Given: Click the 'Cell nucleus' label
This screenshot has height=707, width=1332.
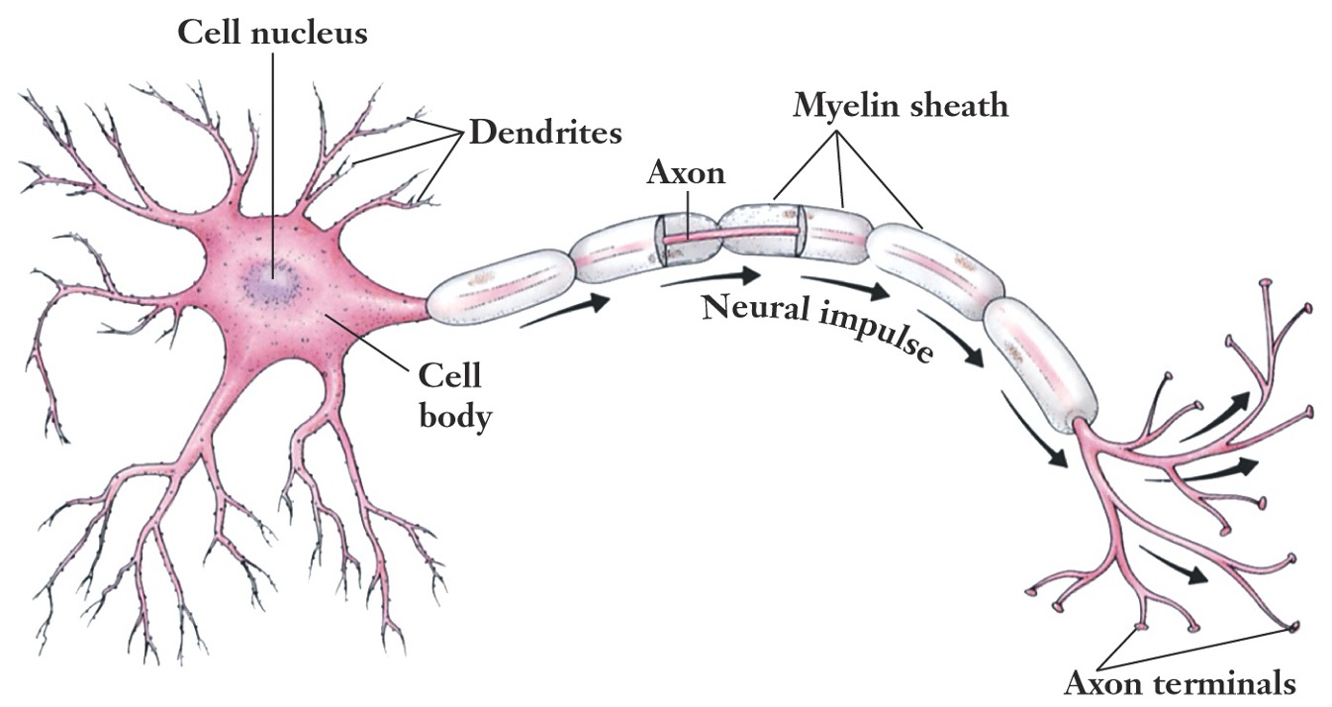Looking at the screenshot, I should (x=271, y=34).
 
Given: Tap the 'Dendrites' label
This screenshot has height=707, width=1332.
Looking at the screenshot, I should (x=545, y=132).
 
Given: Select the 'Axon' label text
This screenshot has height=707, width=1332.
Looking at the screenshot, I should (x=686, y=173).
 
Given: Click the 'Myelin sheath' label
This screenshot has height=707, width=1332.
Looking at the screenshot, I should (x=901, y=104).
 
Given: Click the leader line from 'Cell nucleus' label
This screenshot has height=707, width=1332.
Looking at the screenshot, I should (x=271, y=149).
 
